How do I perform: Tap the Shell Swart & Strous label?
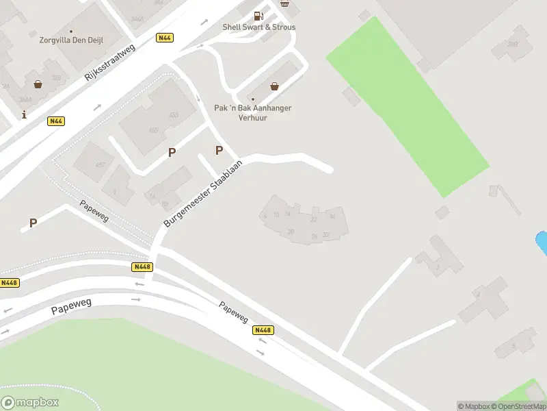259,27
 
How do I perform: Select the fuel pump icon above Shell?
259,15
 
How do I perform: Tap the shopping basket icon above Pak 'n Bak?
274,86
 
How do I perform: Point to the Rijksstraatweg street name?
111,60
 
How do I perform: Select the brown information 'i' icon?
25,114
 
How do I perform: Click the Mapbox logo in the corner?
30,402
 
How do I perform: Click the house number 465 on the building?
153,130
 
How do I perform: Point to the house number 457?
100,165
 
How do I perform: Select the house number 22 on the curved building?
314,219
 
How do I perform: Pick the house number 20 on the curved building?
291,232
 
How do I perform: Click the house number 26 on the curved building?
314,236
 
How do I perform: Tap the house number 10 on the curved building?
276,215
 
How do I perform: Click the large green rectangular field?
408,107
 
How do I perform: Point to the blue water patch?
541,242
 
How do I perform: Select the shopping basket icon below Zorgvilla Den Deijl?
38,84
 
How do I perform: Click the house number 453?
173,115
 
